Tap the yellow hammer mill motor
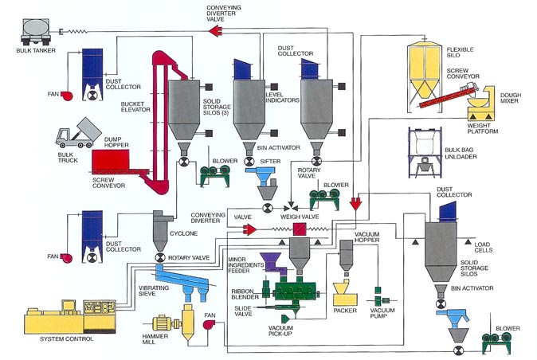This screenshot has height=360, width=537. pyautogui.click(x=166, y=323)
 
